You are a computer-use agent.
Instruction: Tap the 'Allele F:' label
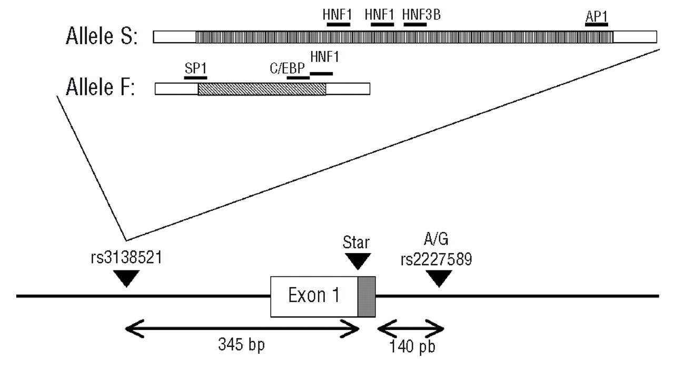101,88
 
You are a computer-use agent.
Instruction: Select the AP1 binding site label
596,15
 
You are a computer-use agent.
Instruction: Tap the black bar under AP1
597,24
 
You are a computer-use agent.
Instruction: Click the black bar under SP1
195,77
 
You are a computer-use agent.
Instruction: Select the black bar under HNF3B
415,24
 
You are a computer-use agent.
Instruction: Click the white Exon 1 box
314,297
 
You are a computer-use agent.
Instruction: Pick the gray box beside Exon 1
366,297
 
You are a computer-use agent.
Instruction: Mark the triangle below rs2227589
439,278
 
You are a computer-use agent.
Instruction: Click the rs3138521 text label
126,259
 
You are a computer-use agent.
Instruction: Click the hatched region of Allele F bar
262,89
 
